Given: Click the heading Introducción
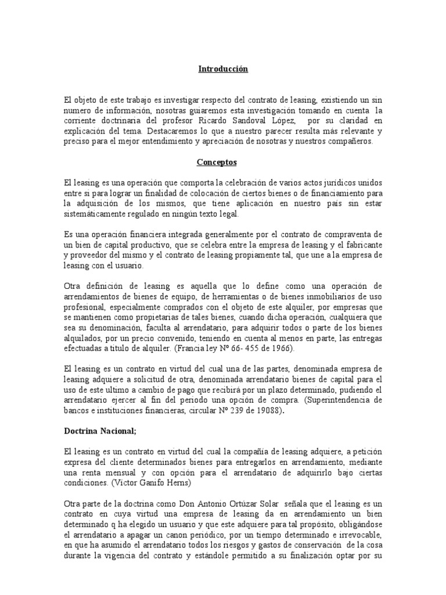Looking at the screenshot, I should coord(223,69).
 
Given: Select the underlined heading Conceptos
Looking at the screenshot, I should coord(223,163).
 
